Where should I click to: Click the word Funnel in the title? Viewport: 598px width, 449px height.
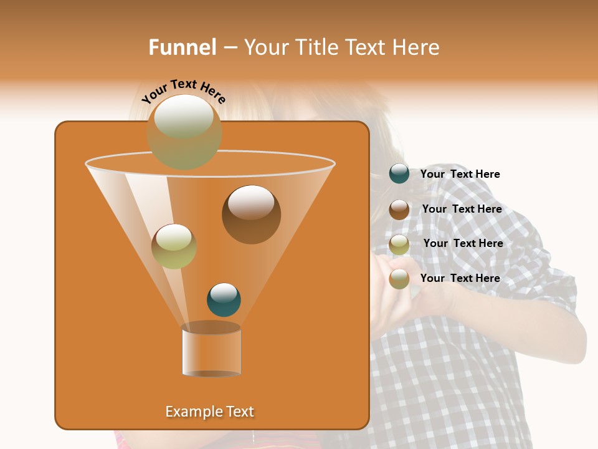click(x=182, y=47)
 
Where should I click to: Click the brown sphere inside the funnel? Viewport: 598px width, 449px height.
click(x=251, y=214)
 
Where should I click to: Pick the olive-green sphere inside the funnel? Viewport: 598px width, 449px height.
click(x=174, y=246)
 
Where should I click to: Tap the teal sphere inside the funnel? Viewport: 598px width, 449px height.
click(x=224, y=299)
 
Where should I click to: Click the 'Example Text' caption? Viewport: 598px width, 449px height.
click(x=209, y=412)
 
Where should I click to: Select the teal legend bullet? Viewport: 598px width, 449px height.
click(x=399, y=174)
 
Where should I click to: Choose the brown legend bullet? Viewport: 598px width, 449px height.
click(x=399, y=209)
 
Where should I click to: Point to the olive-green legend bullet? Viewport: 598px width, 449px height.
click(x=399, y=244)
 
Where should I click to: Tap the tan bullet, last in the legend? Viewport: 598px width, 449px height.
click(x=399, y=279)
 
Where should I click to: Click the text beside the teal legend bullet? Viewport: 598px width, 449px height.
click(x=460, y=174)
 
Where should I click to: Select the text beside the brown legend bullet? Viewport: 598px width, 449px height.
click(x=462, y=209)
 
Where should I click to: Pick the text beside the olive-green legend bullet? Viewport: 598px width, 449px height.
click(x=463, y=243)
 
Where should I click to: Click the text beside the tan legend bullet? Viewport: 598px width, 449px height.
click(x=460, y=278)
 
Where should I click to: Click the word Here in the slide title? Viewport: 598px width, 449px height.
click(x=417, y=47)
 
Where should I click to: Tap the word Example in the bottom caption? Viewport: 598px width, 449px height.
click(x=191, y=412)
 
